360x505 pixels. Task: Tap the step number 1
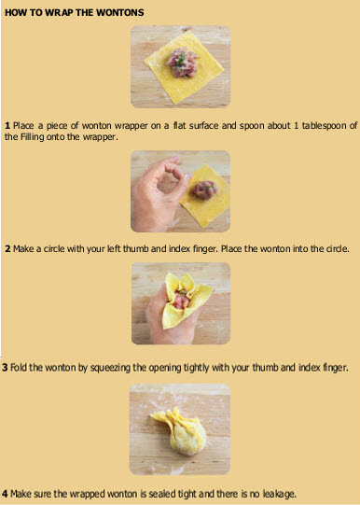pyautogui.click(x=7, y=125)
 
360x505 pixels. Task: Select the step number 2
pyautogui.click(x=7, y=248)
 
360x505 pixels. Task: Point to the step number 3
pyautogui.click(x=5, y=368)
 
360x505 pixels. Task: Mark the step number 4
pyautogui.click(x=5, y=494)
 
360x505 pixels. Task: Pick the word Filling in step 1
pyautogui.click(x=32, y=137)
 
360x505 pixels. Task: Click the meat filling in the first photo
pyautogui.click(x=183, y=63)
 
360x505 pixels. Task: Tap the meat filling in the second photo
pyautogui.click(x=205, y=189)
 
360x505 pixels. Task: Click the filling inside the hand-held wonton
pyautogui.click(x=181, y=301)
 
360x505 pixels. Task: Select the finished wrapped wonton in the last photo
pyautogui.click(x=183, y=431)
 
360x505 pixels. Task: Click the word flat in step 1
pyautogui.click(x=179, y=125)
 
